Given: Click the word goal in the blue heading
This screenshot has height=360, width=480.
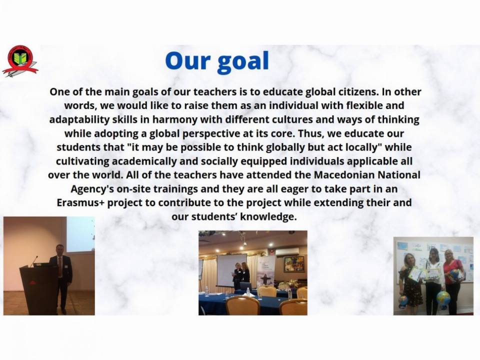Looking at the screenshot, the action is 243,61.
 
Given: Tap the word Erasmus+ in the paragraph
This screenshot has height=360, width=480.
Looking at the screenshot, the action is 80,202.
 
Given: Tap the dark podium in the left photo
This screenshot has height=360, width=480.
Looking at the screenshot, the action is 38,289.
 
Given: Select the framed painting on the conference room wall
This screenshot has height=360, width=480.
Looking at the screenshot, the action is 294,263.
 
